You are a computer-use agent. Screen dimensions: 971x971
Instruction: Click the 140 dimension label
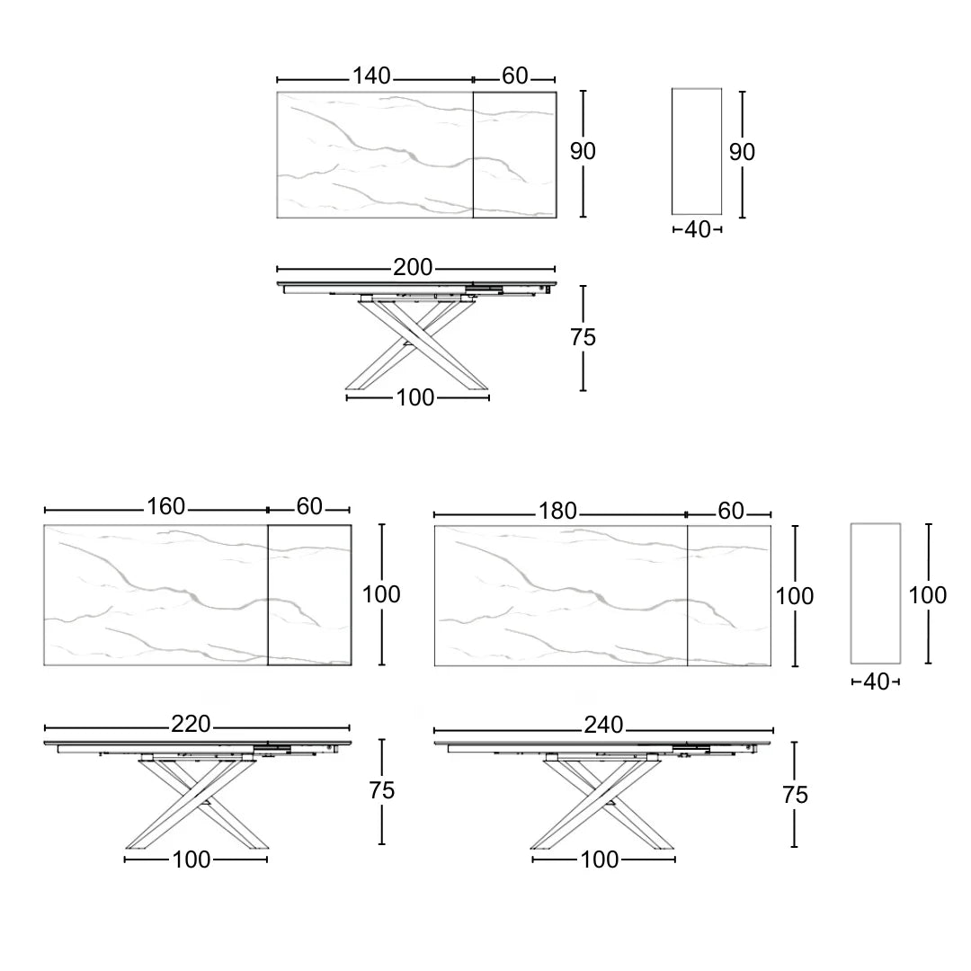click(x=371, y=76)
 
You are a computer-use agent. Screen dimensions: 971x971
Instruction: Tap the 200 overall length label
click(x=413, y=268)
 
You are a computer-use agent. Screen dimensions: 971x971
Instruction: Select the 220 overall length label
click(x=191, y=724)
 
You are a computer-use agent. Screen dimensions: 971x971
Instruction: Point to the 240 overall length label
click(x=603, y=725)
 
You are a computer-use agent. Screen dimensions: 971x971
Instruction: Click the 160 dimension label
click(x=165, y=506)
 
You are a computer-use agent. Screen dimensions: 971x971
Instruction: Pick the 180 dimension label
click(x=557, y=511)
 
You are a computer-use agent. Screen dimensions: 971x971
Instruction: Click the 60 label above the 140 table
click(x=514, y=76)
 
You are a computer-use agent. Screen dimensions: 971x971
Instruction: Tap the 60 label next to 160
click(x=309, y=506)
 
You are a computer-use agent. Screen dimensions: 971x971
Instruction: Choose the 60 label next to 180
click(x=731, y=511)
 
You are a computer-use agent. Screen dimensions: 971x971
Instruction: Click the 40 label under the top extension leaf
click(x=698, y=230)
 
